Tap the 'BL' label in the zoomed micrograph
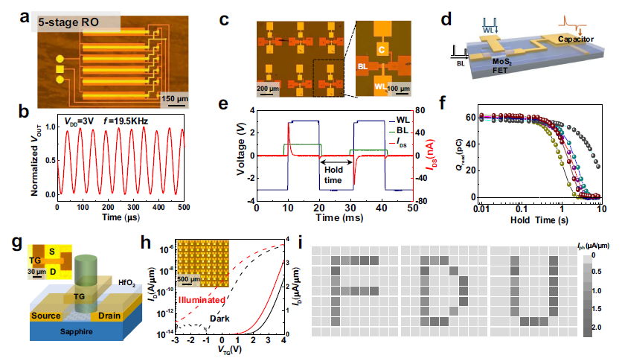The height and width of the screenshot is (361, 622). [x=365, y=66]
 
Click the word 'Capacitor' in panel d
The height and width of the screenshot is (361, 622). [x=568, y=36]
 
